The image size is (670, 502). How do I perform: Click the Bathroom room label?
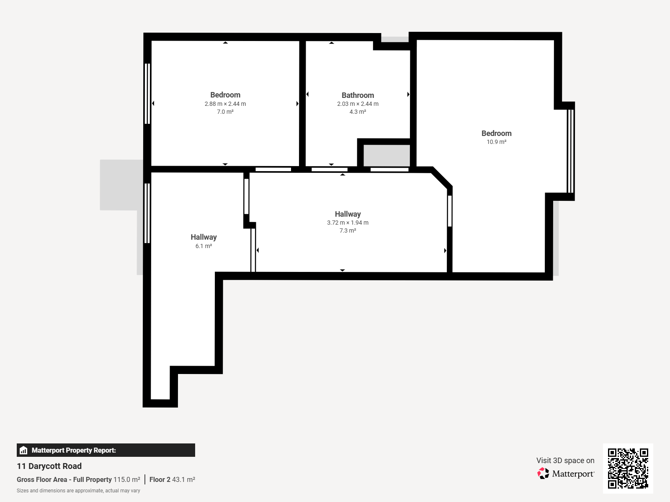(x=358, y=95)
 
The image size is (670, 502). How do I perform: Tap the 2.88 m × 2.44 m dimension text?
(x=225, y=104)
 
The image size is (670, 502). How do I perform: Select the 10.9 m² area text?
(x=496, y=142)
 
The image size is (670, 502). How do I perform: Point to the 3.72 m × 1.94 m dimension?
(x=348, y=223)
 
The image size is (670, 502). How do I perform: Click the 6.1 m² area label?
(x=204, y=246)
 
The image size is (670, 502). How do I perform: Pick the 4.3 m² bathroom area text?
(x=358, y=112)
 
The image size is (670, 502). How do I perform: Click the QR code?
(x=628, y=469)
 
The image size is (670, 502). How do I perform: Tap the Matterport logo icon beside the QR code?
(x=543, y=474)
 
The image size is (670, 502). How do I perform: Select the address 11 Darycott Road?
(x=49, y=466)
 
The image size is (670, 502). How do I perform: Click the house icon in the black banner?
(x=23, y=450)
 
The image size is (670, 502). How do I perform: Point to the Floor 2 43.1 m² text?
(x=172, y=480)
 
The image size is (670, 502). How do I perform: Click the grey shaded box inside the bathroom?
(x=387, y=156)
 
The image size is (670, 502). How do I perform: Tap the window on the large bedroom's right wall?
(x=570, y=151)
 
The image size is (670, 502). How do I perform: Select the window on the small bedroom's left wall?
(x=147, y=94)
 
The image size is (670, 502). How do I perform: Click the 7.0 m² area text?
(x=225, y=112)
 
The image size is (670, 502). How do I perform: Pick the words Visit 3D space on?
(x=565, y=461)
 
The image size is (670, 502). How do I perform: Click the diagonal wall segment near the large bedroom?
(x=442, y=178)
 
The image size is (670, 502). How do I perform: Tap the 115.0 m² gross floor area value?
(x=127, y=480)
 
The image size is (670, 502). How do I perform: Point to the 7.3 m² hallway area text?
(x=348, y=231)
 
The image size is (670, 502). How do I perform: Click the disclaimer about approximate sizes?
(x=78, y=491)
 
